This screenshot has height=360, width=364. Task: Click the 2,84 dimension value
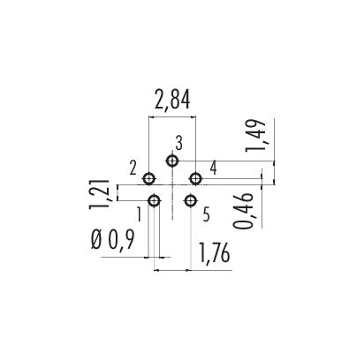pos(172,100)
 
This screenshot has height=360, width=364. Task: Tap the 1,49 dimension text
pos(256,136)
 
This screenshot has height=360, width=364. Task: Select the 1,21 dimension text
pos(99,194)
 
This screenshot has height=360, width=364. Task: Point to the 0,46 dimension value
pos(244,211)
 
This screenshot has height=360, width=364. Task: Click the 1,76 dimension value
pos(215,253)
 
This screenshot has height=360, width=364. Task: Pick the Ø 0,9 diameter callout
pos(113,240)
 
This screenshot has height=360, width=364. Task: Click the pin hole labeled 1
pos(154,201)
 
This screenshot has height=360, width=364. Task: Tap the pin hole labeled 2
pos(149,178)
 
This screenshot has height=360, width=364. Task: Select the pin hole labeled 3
pos(172,161)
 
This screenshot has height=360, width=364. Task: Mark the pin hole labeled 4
pos(195,178)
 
